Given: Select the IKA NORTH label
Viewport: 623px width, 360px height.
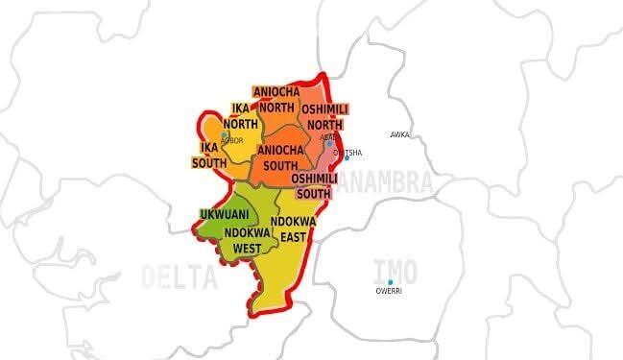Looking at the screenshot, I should click(240, 116).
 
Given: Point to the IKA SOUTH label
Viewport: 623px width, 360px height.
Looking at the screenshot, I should click(208, 155).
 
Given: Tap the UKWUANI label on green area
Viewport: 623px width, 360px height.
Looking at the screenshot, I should click(219, 213).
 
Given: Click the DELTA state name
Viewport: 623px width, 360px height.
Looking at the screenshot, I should click(180, 277).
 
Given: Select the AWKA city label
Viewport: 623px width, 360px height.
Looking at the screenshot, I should click(399, 135).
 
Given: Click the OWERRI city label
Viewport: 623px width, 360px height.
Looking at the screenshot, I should click(389, 291).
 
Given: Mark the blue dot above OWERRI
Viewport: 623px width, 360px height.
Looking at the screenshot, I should click(390, 281).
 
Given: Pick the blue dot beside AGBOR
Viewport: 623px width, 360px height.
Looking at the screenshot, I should click(225, 135).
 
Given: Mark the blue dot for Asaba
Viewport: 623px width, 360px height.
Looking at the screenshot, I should click(328, 144).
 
